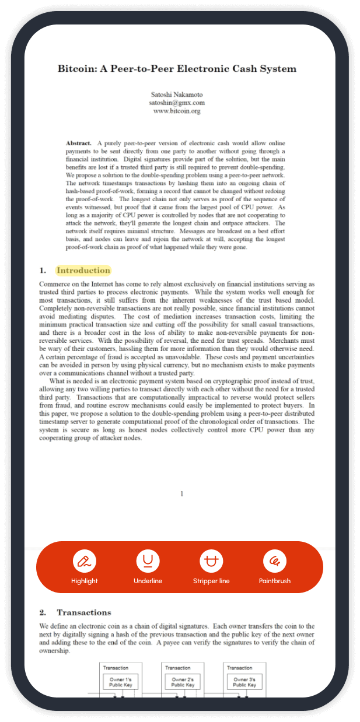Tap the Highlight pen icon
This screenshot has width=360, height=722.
pyautogui.click(x=85, y=561)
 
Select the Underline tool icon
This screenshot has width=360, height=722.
pyautogui.click(x=148, y=561)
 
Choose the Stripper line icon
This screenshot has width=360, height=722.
pyautogui.click(x=211, y=561)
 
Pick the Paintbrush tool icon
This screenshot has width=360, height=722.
pyautogui.click(x=275, y=561)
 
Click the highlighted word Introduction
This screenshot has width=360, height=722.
pyautogui.click(x=83, y=270)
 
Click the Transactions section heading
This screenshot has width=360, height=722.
pyautogui.click(x=83, y=612)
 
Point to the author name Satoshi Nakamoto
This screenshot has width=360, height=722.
pyautogui.click(x=177, y=94)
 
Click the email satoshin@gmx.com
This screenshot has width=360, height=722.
pyautogui.click(x=177, y=103)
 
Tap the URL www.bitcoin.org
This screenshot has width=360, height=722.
pyautogui.click(x=177, y=111)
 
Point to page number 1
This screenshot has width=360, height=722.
pyautogui.click(x=181, y=494)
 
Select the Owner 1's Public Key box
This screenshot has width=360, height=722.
pyautogui.click(x=120, y=682)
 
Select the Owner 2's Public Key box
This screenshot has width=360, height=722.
pyautogui.click(x=182, y=682)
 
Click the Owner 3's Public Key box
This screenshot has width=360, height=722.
pyautogui.click(x=244, y=682)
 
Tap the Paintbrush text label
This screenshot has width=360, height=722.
pyautogui.click(x=275, y=581)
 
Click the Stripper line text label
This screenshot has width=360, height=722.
pyautogui.click(x=211, y=581)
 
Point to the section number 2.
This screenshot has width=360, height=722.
pyautogui.click(x=43, y=612)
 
